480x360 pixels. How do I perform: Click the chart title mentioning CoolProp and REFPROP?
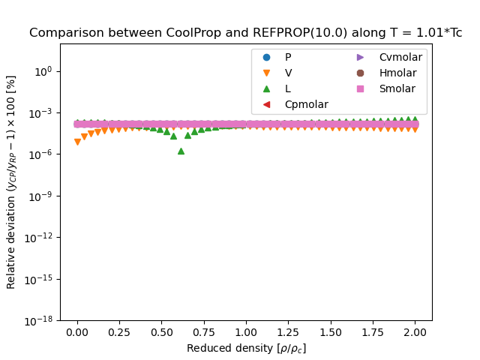point(245,33)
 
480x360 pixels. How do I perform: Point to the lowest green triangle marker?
point(181,151)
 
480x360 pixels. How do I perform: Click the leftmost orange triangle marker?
point(77,142)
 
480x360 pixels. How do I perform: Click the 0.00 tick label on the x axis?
point(77,331)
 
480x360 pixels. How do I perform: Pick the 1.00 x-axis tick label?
point(246,331)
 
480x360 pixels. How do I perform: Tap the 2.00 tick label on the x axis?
point(415,331)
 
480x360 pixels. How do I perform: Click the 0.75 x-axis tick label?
point(204,331)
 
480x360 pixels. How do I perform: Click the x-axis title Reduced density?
point(246,348)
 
